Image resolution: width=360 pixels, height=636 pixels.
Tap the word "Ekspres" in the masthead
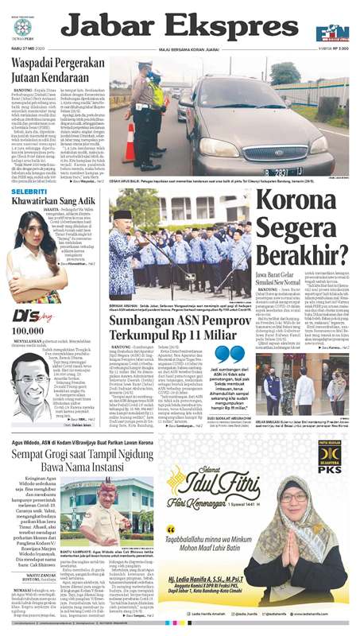click(x=214, y=28)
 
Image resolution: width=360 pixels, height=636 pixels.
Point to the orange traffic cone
click(x=129, y=144)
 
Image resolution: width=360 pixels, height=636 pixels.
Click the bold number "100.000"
click(x=28, y=329)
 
